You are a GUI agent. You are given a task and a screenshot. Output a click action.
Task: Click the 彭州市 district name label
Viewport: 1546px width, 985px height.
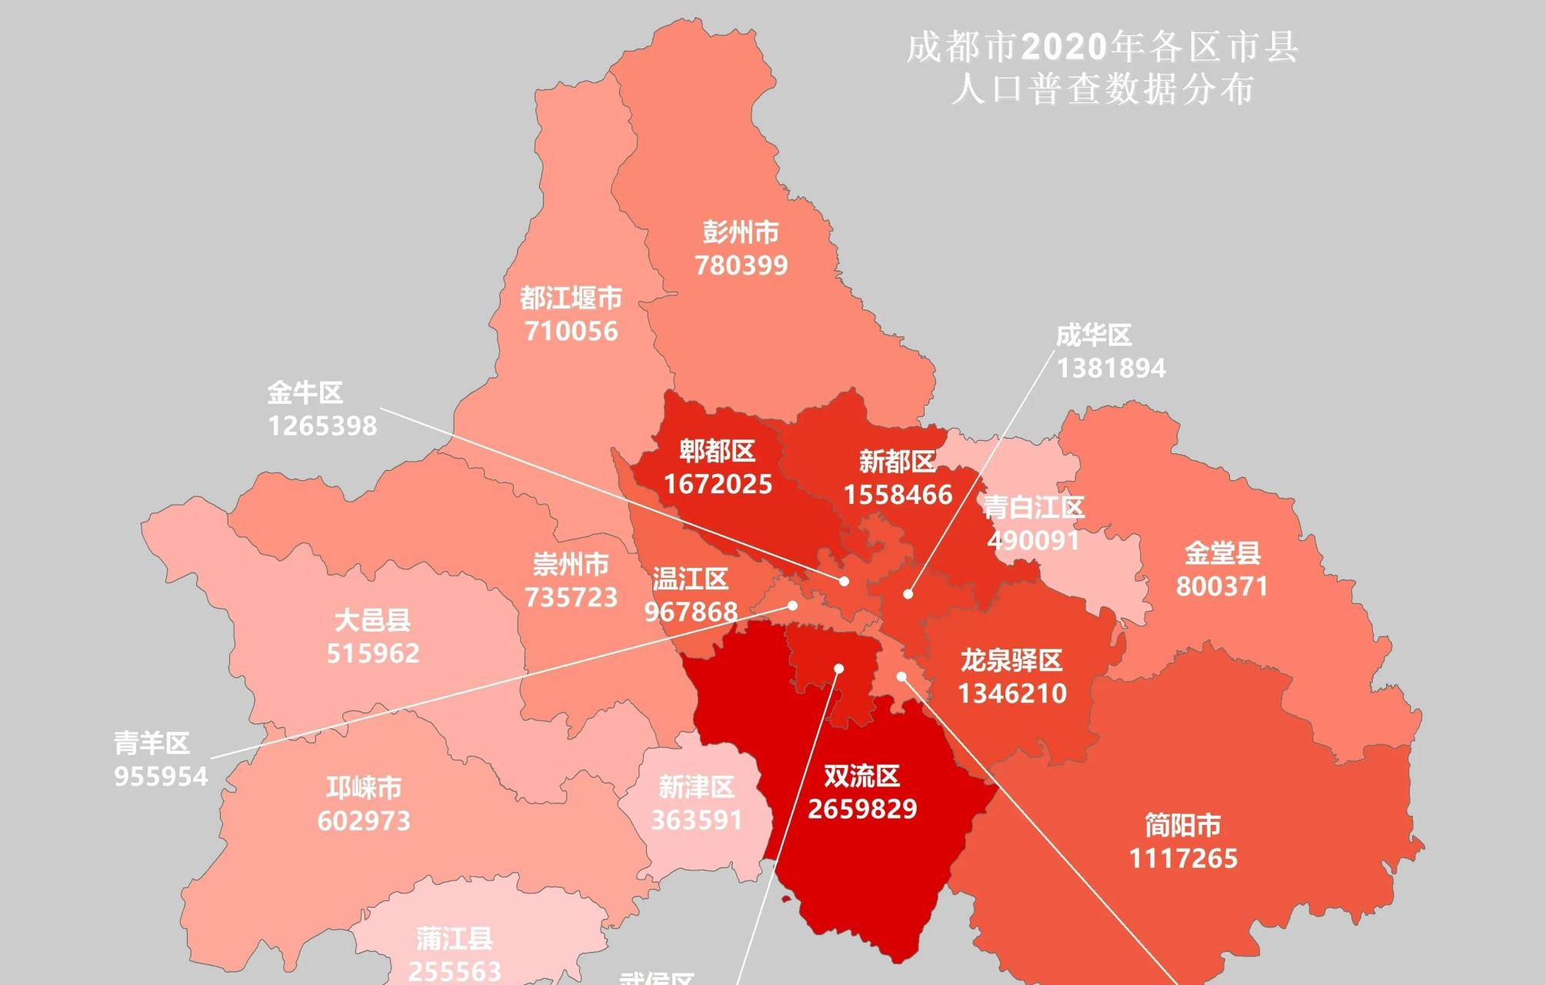740,232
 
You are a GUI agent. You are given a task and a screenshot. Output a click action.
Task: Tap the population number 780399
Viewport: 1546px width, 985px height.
741,265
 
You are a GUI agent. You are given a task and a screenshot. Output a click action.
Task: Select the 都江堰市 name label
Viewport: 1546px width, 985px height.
570,298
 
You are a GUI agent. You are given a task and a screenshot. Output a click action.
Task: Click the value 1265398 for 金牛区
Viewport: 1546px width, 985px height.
322,426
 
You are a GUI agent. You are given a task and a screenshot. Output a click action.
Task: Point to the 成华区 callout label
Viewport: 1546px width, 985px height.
1093,336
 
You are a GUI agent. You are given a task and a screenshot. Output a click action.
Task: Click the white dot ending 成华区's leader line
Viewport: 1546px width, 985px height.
908,594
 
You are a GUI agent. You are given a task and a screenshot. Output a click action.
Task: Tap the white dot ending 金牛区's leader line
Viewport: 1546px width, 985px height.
844,582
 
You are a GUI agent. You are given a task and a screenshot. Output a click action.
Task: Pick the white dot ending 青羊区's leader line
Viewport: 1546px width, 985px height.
793,606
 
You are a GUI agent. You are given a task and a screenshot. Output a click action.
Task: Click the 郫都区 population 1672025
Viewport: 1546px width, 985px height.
718,484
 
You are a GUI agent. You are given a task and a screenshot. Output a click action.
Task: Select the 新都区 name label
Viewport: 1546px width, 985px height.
897,462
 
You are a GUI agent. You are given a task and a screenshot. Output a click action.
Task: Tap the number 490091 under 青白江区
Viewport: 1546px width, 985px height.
1033,540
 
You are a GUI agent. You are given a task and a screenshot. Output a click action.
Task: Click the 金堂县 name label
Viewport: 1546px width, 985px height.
1222,553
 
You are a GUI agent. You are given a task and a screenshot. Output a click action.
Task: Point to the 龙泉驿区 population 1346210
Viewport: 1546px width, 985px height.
1011,693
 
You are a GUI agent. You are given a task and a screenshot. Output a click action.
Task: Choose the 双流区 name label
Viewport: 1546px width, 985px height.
861,776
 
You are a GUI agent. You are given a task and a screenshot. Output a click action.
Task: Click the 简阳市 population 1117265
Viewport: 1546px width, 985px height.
1183,858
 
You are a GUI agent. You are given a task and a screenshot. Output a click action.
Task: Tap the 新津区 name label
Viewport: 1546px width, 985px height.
696,786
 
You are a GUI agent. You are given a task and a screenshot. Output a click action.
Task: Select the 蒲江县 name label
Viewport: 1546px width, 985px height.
454,939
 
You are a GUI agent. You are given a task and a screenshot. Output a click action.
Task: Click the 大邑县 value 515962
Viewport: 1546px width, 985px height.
373,653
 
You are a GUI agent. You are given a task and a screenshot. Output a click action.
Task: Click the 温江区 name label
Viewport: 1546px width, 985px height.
690,579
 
